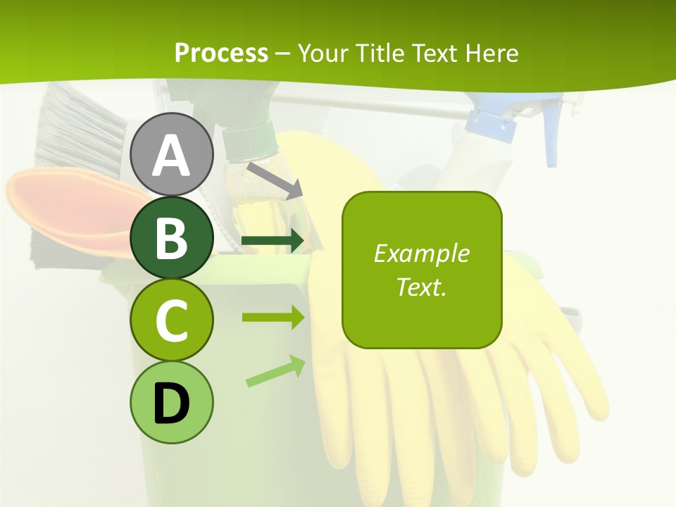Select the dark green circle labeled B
(x=171, y=238)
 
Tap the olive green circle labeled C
(x=171, y=320)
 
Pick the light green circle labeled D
(x=171, y=402)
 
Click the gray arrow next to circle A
(x=275, y=179)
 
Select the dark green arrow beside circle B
(x=273, y=241)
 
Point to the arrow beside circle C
(x=273, y=318)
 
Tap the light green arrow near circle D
(x=275, y=371)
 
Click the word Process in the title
(x=221, y=53)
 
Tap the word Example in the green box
(x=421, y=254)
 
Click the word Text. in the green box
(x=421, y=287)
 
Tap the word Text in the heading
(x=432, y=53)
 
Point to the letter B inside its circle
(x=171, y=238)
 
